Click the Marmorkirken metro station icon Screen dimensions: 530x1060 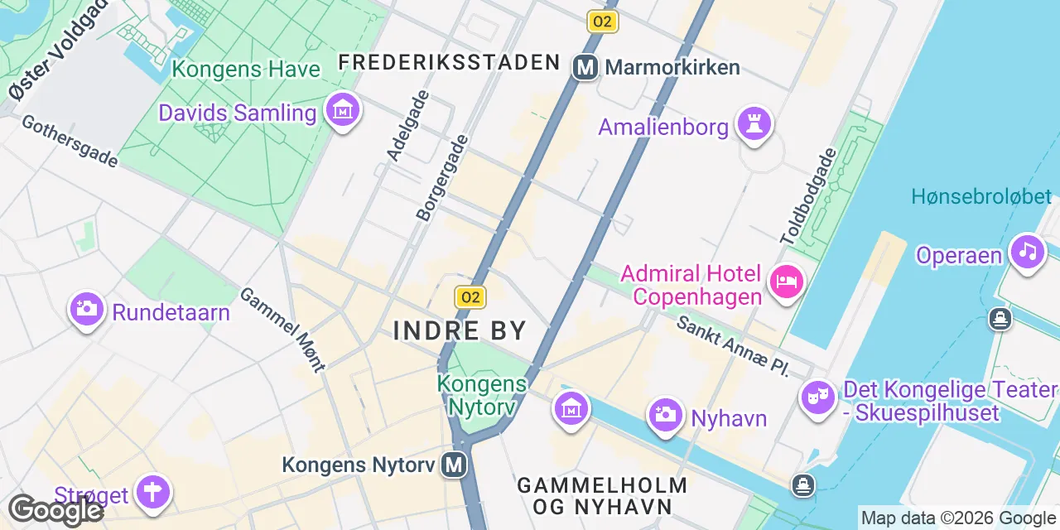coord(585,67)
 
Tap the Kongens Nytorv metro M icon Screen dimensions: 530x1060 coord(454,465)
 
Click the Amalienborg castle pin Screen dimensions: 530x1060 coord(754,125)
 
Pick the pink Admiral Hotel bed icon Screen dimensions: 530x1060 coord(786,282)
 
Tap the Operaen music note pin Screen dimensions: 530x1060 coord(1028,251)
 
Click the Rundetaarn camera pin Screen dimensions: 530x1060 coord(86,310)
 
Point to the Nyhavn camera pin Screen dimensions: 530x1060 coord(664,414)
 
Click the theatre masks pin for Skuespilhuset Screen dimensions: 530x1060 coord(817,397)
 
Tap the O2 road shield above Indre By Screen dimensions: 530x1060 coord(470,297)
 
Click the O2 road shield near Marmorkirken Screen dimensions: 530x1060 coord(602,22)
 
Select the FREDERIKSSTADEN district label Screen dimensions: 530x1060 coord(450,62)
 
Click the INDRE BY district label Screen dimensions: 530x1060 coord(460,330)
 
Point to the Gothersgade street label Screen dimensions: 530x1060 coord(70,141)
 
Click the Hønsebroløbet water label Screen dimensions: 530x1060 coord(981,196)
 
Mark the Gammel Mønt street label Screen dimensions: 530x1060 coord(282,329)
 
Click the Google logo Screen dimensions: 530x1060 coord(55,510)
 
